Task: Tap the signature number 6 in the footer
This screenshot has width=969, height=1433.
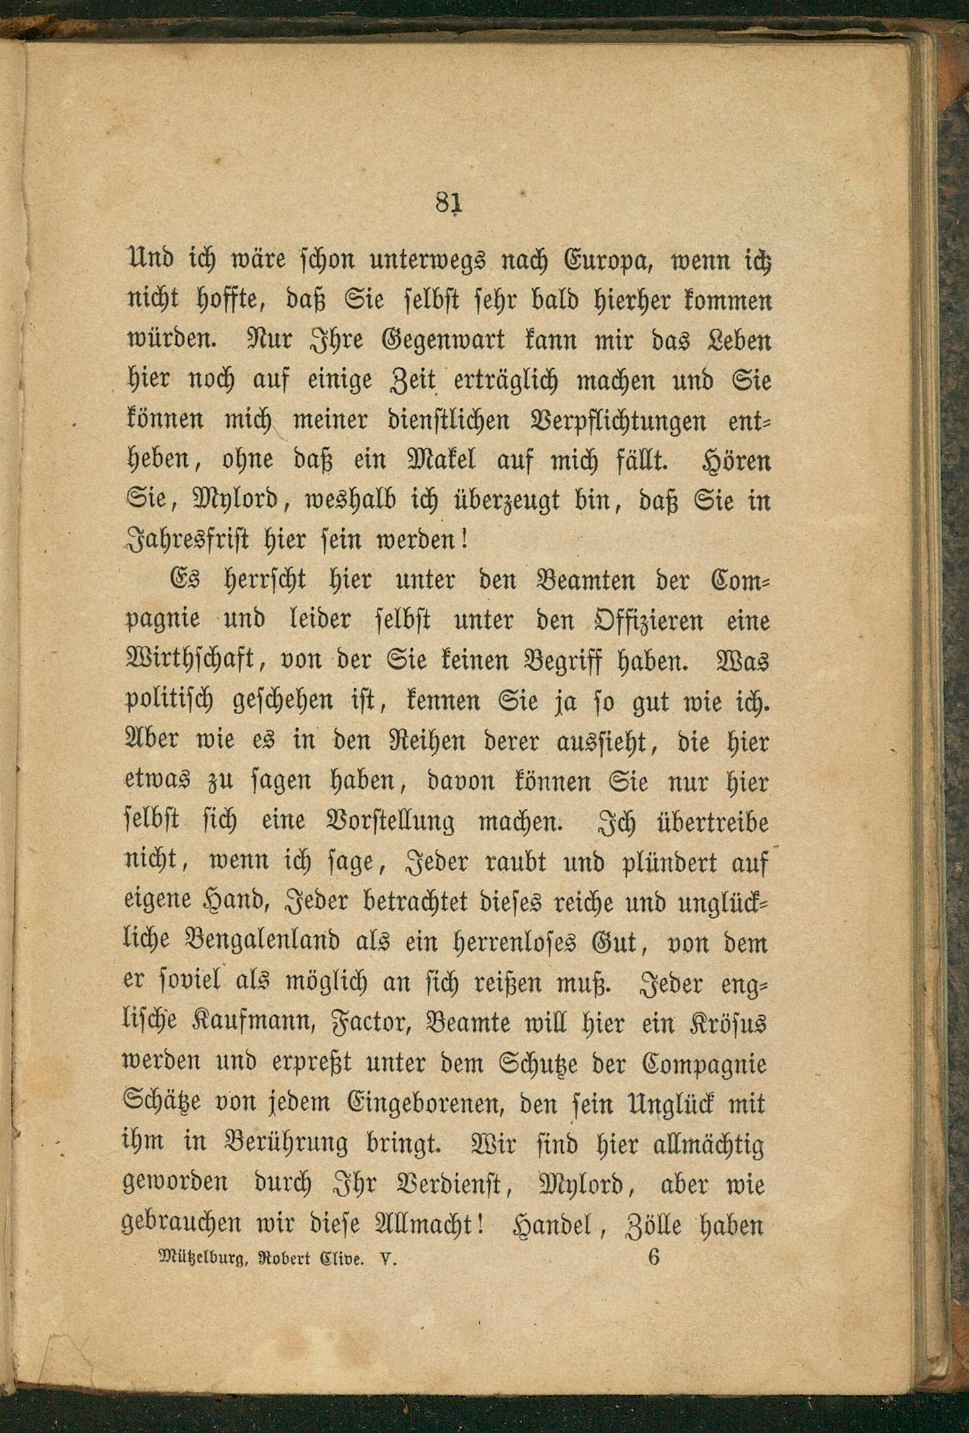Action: [654, 1256]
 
